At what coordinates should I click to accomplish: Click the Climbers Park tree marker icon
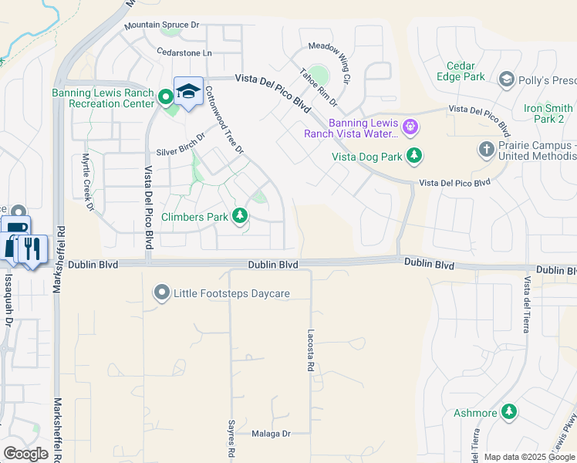coord(240,216)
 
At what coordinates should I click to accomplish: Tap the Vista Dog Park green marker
coord(414,157)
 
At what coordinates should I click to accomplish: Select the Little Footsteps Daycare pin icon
coord(161,293)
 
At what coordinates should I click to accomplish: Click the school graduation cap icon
coord(188,92)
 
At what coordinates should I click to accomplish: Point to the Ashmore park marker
coord(508,413)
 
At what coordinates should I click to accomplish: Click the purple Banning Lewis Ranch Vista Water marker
coord(410,125)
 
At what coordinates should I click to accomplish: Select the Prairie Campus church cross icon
coord(486,149)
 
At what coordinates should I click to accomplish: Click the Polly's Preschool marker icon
coord(507,79)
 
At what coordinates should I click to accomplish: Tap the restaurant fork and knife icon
coord(32,248)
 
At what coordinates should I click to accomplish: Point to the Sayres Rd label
coord(231,444)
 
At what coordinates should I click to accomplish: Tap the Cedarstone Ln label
coord(184,53)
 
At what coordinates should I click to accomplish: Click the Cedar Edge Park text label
coord(465,71)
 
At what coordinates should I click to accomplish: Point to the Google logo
coord(25,454)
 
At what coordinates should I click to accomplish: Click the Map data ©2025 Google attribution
coord(528,457)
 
